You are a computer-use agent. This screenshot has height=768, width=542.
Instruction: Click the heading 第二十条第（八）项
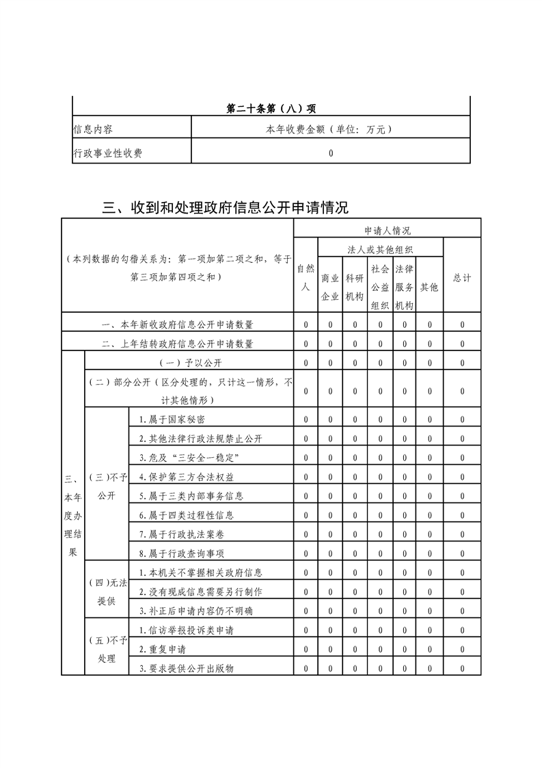tap(271, 107)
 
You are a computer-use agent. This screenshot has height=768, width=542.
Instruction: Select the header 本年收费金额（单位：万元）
tap(331, 129)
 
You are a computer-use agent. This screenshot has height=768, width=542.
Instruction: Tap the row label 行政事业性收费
tap(107, 153)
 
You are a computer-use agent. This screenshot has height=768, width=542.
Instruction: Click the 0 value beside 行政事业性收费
tap(331, 153)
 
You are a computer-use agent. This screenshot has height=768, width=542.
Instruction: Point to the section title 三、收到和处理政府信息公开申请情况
tap(225, 207)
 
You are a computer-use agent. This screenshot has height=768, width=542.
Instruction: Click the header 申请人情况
tap(387, 231)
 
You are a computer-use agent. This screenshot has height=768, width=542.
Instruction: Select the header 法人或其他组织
tap(380, 250)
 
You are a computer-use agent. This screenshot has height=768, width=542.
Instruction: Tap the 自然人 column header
tap(306, 278)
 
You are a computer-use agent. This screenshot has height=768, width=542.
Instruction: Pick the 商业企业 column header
tap(330, 287)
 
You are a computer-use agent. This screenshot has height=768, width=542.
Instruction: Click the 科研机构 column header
tap(355, 287)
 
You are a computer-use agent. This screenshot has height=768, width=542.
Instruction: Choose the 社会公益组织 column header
tap(380, 287)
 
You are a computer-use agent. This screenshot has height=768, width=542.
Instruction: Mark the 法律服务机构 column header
tap(405, 287)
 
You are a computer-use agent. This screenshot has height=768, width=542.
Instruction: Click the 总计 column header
tap(462, 278)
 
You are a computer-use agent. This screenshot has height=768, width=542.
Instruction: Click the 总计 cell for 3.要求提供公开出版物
tap(462, 668)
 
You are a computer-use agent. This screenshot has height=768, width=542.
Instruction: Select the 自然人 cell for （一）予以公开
tap(306, 362)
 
